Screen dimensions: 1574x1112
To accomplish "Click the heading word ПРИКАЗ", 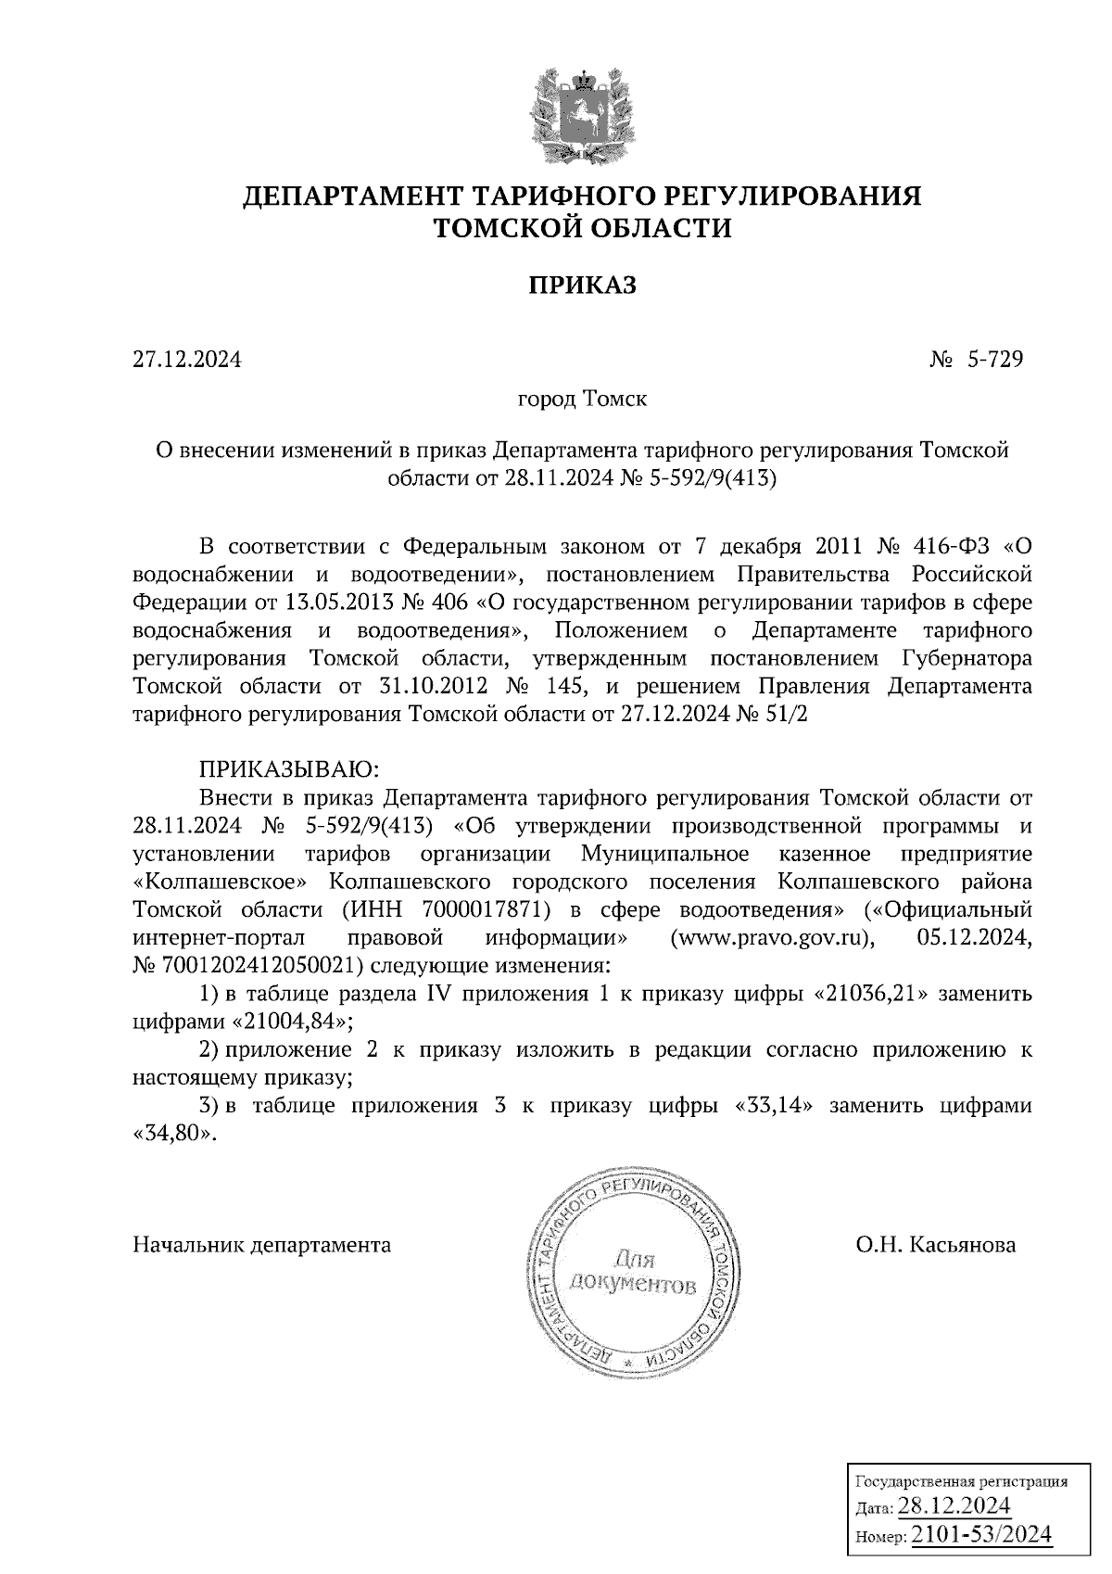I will [582, 285].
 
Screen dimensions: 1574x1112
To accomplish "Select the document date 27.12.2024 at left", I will [187, 358].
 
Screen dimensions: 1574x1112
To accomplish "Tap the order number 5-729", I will [995, 358].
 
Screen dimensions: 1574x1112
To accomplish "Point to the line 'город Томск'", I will [582, 400].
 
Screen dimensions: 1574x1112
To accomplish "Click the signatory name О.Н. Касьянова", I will [936, 1244].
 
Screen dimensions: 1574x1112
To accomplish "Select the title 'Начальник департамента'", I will [262, 1244].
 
